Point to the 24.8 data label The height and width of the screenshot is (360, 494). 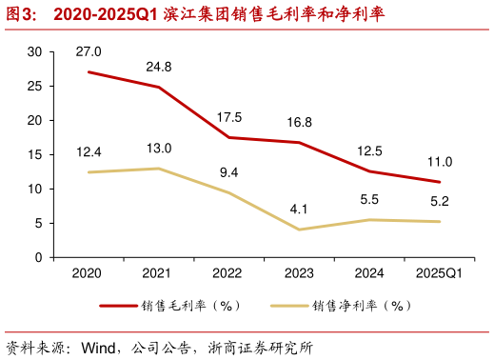coord(159,67)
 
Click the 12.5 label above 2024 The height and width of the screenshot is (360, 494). coord(369,150)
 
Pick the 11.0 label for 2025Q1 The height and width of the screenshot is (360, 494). coord(440,162)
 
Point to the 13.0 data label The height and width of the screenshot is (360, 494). coord(159,149)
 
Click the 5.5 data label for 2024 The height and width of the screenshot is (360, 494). coord(369,200)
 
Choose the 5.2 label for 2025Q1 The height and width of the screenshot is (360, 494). coord(440,202)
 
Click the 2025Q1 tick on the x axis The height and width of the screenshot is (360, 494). coord(440,273)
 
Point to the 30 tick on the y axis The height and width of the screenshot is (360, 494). coord(35,52)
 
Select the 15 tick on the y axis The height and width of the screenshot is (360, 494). coord(35,155)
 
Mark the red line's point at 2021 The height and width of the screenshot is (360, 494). coord(159,88)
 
